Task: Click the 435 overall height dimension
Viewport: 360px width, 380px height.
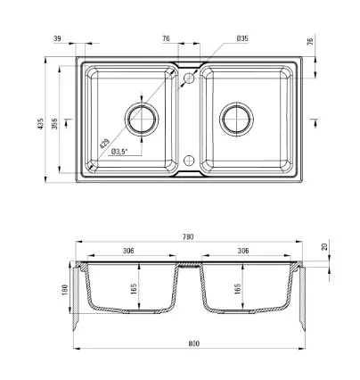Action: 41,123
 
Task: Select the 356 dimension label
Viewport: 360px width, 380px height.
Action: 54,123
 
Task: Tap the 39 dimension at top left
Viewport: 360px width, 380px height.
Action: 57,38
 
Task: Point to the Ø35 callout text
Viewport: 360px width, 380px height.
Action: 242,38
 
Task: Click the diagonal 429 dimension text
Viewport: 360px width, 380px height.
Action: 104,144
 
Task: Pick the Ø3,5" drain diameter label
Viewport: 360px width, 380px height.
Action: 119,152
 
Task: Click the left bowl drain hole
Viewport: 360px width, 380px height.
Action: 142,119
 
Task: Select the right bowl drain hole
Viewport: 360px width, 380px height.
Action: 236,119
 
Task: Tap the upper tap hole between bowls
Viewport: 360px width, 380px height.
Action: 189,78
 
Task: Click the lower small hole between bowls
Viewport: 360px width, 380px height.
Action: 189,161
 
